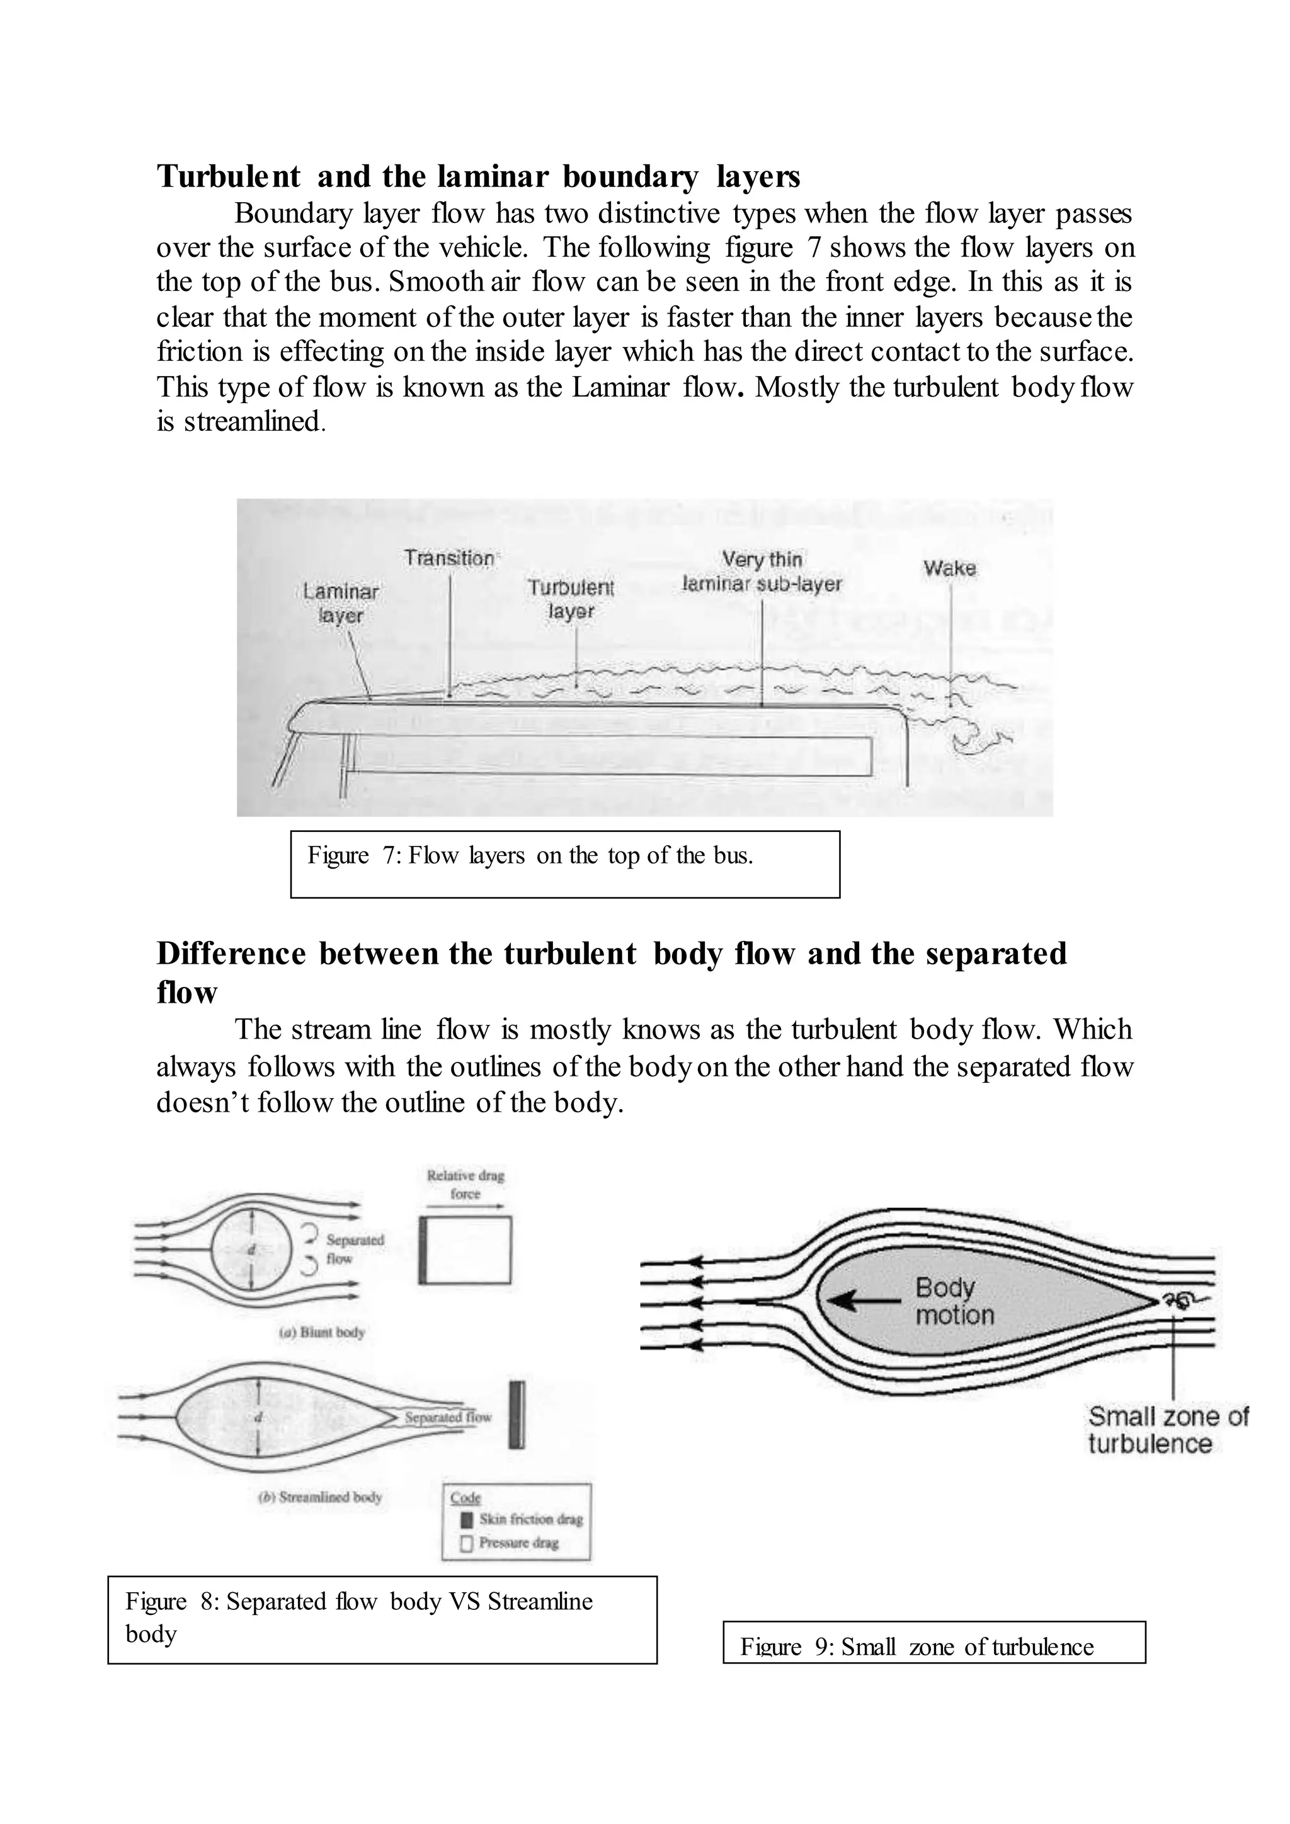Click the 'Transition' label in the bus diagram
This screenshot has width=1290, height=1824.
pos(449,559)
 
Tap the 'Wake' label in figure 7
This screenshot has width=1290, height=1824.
pos(949,568)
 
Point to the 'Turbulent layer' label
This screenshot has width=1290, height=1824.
pos(571,599)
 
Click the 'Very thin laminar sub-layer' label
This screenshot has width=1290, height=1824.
pos(762,572)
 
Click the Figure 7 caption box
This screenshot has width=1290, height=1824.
pos(565,864)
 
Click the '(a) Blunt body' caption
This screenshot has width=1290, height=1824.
pos(322,1332)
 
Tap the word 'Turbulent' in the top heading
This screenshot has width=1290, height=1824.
pos(229,176)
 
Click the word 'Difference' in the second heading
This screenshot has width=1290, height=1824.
pos(231,954)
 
